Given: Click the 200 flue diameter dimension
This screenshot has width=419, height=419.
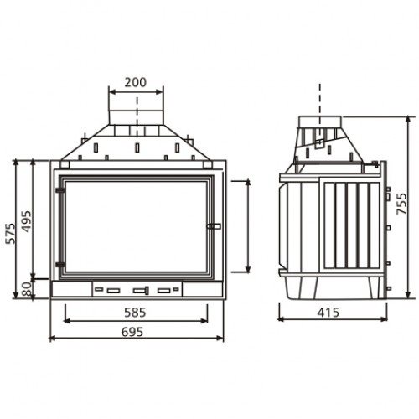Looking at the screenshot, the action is (x=136, y=83).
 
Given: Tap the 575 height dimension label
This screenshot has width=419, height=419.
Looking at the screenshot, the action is (x=11, y=234).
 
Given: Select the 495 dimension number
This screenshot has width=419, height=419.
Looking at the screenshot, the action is (x=27, y=221).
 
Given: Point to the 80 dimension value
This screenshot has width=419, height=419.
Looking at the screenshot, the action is (x=27, y=289).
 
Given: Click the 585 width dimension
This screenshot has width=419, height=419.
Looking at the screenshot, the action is (x=135, y=313).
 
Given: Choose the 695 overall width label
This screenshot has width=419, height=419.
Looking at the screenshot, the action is (x=132, y=332).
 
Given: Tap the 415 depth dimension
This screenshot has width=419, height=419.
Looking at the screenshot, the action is (x=328, y=313).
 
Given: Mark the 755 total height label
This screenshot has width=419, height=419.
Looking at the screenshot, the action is (x=401, y=204).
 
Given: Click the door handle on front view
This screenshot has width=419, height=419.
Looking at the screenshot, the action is (x=214, y=226).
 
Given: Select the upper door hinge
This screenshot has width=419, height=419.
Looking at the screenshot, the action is (x=60, y=190).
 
